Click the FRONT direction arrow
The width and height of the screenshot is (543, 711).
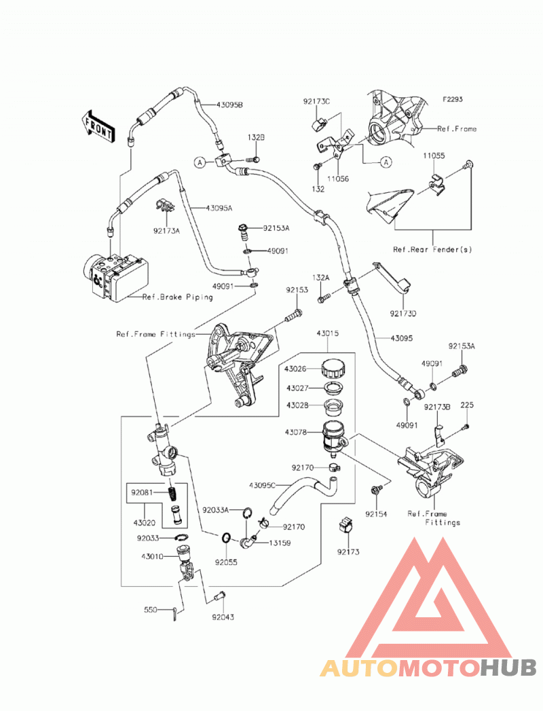tap(98, 128)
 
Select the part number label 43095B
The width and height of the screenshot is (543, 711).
tap(229, 105)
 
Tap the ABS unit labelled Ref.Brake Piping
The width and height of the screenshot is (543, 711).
tap(115, 276)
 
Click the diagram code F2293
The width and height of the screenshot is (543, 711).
tap(453, 99)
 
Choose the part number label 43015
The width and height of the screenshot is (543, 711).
tap(328, 333)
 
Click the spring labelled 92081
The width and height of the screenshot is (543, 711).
tap(172, 493)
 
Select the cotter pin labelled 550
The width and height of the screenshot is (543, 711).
tap(176, 613)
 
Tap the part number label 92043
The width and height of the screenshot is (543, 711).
tap(223, 617)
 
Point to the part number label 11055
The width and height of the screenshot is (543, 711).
tap(434, 156)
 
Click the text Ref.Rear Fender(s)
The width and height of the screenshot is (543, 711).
tap(432, 249)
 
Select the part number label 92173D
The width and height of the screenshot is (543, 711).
tap(403, 313)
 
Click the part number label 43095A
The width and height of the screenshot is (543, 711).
tap(219, 208)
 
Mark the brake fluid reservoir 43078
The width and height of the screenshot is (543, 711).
tap(333, 436)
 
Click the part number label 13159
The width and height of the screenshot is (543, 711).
tap(280, 543)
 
